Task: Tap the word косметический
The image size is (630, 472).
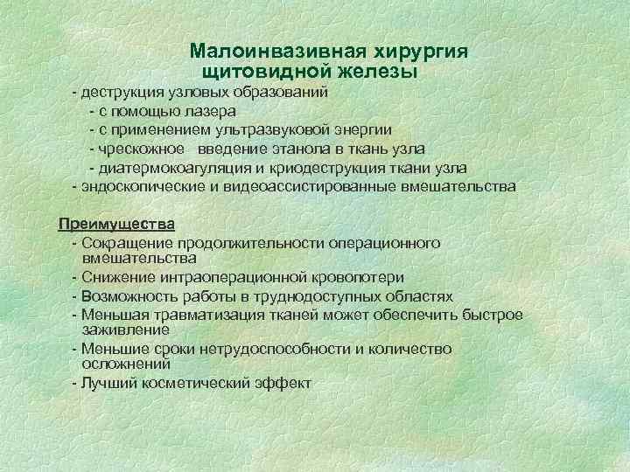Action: pyautogui.click(x=198, y=383)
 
